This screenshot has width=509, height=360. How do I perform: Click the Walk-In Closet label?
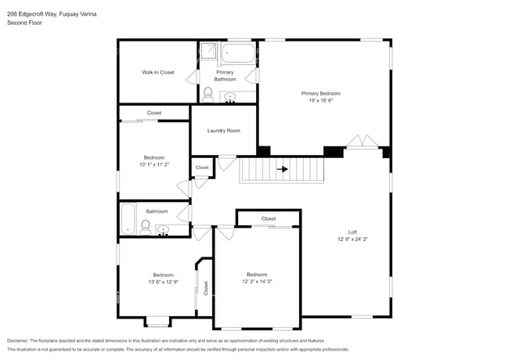click(157, 72)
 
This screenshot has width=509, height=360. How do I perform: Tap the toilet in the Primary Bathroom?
click(208, 94)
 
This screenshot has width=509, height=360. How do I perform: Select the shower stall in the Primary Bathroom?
click(208, 52)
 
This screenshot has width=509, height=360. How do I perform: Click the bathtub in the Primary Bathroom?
click(238, 53)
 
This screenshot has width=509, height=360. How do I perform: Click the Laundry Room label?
click(223, 131)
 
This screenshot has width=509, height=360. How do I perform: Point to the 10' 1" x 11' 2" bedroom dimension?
click(153, 165)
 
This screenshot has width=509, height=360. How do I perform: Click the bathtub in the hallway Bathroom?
click(128, 221)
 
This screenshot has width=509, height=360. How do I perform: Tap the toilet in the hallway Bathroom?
click(145, 227)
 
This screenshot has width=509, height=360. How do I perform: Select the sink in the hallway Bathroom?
click(163, 229)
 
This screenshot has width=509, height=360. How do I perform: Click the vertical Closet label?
click(206, 288)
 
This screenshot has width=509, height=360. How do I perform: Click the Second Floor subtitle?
click(23, 23)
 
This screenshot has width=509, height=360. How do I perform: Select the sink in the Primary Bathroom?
click(230, 97)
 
